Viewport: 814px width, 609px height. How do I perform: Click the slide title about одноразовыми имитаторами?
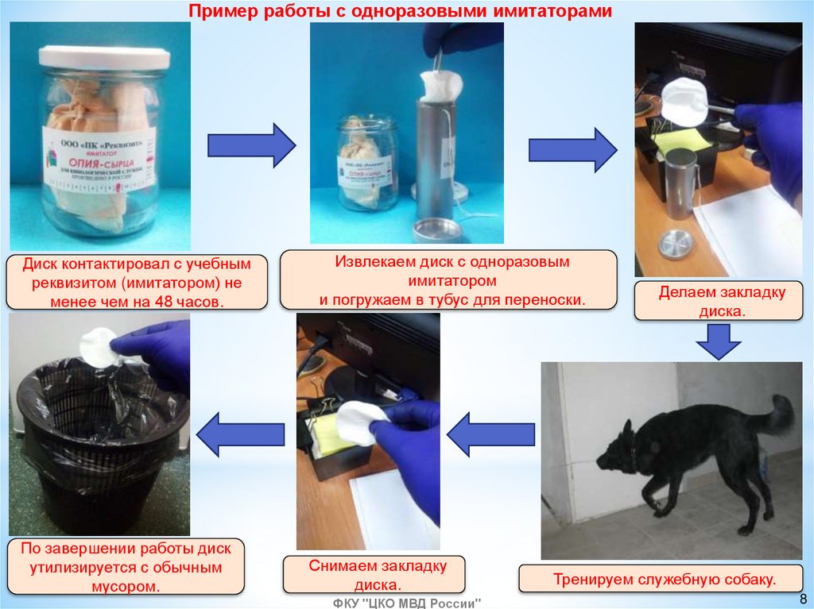400,11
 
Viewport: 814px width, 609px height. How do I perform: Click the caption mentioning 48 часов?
136,282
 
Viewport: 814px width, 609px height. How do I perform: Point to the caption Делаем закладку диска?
721,302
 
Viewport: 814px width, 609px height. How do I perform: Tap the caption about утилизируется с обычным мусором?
126,568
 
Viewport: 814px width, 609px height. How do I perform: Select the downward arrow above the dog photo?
718,342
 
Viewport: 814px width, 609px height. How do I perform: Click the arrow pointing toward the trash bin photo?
240,434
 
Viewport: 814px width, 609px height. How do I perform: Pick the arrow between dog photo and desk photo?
490,434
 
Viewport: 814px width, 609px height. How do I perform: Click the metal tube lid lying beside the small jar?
437,230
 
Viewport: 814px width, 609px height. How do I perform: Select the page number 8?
802,599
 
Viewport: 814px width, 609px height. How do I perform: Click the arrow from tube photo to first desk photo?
572,150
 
